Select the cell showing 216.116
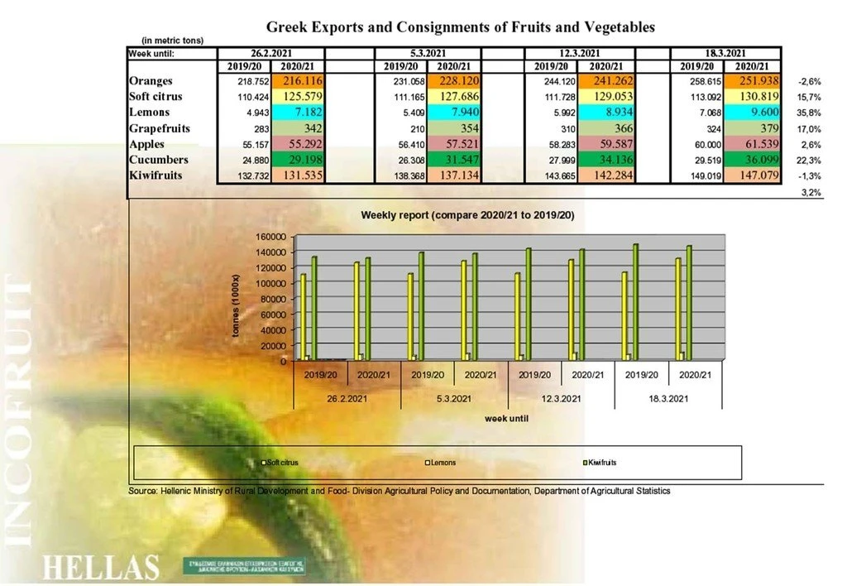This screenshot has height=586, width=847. click(300, 81)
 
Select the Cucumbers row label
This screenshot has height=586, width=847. click(159, 160)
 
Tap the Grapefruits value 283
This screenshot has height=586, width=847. click(244, 128)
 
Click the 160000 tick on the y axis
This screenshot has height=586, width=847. click(270, 236)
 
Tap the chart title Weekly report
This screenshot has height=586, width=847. click(467, 215)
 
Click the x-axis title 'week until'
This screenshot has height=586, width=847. click(507, 419)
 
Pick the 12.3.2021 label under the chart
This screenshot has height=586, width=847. click(561, 399)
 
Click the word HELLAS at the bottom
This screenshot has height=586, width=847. click(100, 568)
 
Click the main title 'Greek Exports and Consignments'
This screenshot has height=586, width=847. click(460, 26)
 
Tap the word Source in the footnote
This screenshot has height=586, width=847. click(143, 491)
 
